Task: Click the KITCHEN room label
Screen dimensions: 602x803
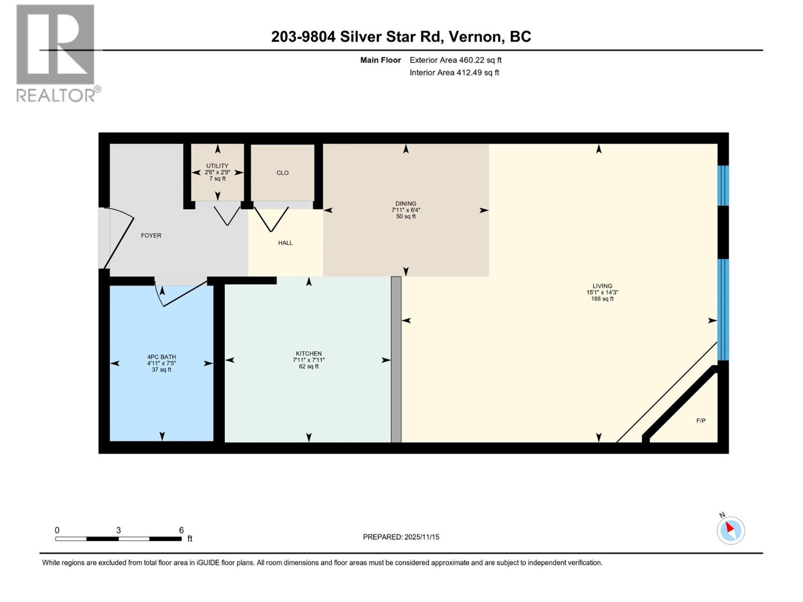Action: tap(308, 354)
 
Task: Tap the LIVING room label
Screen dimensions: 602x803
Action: tap(602, 286)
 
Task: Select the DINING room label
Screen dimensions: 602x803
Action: tap(406, 204)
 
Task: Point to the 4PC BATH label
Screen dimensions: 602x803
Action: tap(161, 357)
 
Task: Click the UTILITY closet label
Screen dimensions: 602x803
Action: tap(217, 166)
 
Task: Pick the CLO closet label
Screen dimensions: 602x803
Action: tap(283, 173)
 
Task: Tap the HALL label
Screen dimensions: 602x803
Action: tap(285, 243)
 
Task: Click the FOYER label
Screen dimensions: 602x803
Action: tap(151, 235)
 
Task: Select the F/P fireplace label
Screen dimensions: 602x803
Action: tap(701, 421)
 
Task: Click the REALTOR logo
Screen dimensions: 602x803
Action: tap(56, 53)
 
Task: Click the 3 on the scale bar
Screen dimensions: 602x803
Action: tap(118, 530)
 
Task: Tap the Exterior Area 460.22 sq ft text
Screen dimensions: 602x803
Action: tap(455, 60)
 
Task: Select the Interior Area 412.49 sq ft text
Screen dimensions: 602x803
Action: tap(454, 73)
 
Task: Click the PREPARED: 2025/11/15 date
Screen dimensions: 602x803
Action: tap(401, 537)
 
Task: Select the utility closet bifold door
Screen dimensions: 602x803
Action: tap(227, 216)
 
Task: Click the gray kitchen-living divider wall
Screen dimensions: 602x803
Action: tap(396, 359)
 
